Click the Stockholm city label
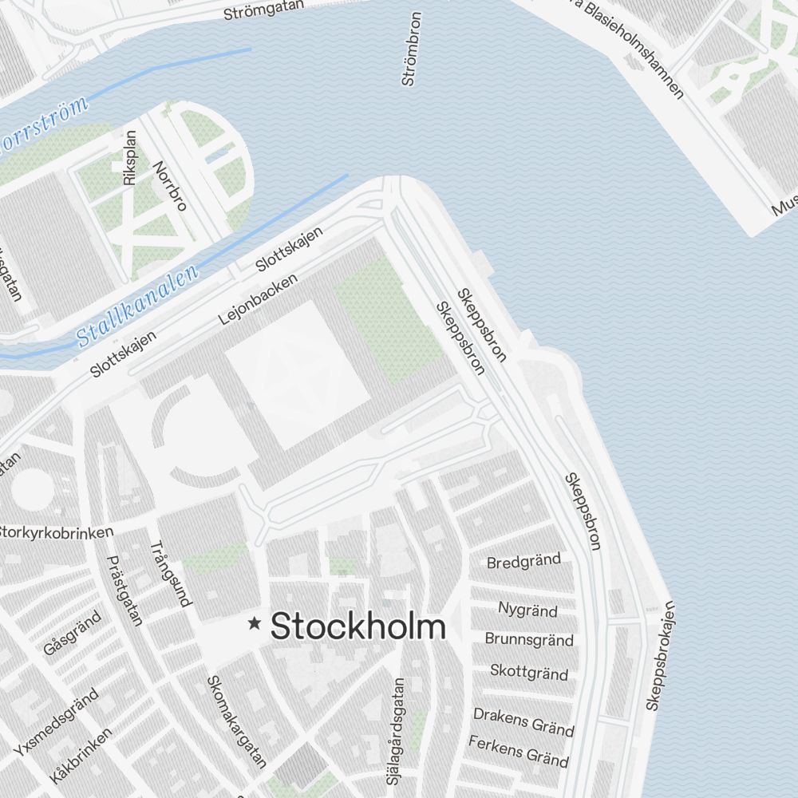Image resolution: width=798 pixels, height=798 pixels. [358, 627]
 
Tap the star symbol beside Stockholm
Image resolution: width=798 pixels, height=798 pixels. [255, 623]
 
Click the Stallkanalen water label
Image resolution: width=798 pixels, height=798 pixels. [138, 307]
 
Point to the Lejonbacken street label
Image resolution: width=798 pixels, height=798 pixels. [257, 299]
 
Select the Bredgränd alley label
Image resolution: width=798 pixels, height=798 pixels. [523, 561]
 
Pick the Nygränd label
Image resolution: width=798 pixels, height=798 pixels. [527, 610]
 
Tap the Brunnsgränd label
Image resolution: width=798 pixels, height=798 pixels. [529, 640]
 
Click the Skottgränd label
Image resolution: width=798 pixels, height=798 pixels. [529, 672]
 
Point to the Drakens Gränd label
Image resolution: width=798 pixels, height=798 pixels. [523, 721]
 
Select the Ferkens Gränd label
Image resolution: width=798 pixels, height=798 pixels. [519, 751]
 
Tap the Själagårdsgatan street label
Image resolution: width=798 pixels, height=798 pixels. [400, 730]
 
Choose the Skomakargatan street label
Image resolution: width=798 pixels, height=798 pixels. [236, 721]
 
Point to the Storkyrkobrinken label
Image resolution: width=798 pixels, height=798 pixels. [56, 531]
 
